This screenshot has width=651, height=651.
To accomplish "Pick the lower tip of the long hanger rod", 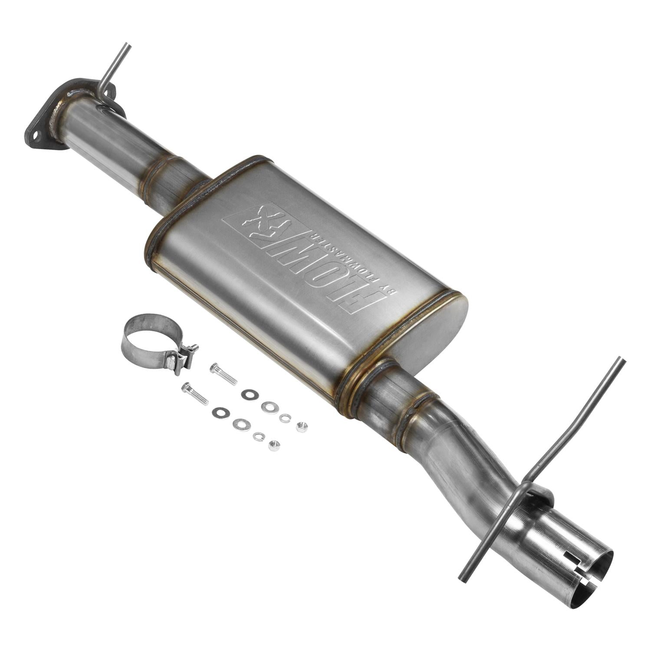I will tap(463, 578).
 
